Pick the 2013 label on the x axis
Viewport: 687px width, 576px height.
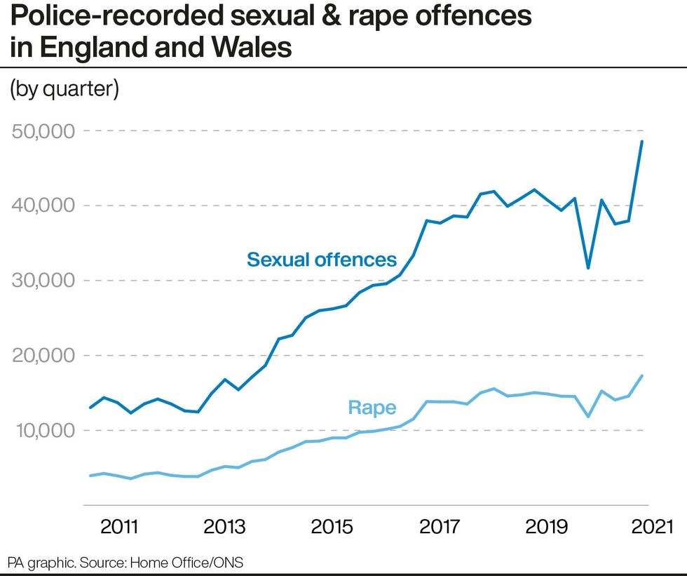pyautogui.click(x=224, y=527)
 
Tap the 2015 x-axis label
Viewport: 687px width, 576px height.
pyautogui.click(x=331, y=527)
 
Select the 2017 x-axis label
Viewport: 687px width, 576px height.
pyautogui.click(x=438, y=527)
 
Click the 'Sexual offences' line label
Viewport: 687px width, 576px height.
pyautogui.click(x=322, y=260)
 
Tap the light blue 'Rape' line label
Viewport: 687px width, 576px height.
pyautogui.click(x=372, y=408)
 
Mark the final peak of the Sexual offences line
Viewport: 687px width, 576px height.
pyautogui.click(x=641, y=142)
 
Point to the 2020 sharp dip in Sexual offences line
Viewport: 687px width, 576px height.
pyautogui.click(x=588, y=268)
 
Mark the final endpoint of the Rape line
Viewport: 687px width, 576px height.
pyautogui.click(x=641, y=376)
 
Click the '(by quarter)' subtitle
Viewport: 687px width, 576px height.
pyautogui.click(x=64, y=89)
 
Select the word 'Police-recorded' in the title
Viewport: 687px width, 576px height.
pyautogui.click(x=95, y=16)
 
